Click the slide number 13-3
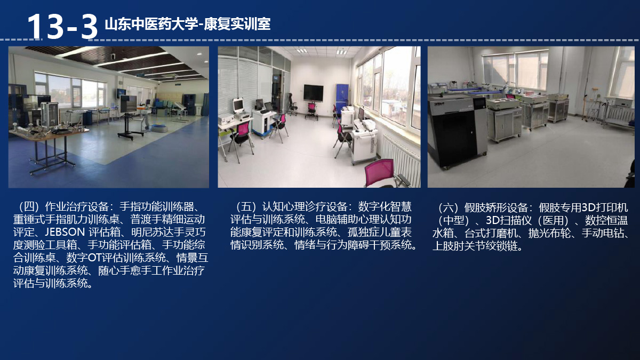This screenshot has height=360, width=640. pyautogui.click(x=62, y=27)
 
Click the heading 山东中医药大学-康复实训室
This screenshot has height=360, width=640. pyautogui.click(x=188, y=24)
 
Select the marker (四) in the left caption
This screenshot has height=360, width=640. pyautogui.click(x=28, y=206)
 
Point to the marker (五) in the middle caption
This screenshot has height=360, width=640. pyautogui.click(x=246, y=206)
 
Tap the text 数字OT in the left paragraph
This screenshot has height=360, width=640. pyautogui.click(x=84, y=258)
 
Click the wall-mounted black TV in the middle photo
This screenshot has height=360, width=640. pyautogui.click(x=313, y=93)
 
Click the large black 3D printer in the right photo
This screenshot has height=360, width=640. pyautogui.click(x=457, y=131)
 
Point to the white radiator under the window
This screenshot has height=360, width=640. pyautogui.click(x=401, y=157)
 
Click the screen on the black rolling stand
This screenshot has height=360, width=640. pyautogui.click(x=129, y=103)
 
